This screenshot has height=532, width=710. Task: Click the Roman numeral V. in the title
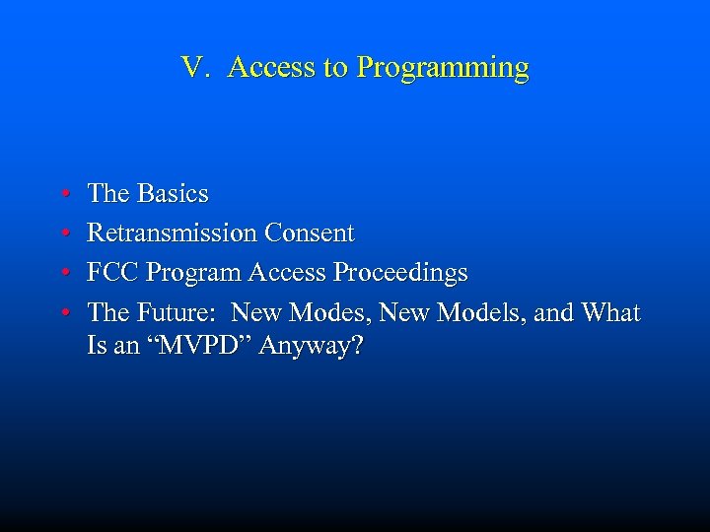click(x=195, y=67)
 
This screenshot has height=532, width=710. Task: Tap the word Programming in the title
click(x=443, y=68)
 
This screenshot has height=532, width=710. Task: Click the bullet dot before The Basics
click(x=62, y=194)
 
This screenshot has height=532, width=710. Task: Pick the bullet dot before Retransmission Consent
click(x=62, y=234)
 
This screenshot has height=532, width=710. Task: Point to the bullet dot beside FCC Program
click(x=62, y=274)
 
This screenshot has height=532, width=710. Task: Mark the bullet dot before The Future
click(x=62, y=314)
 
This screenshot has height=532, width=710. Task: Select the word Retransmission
click(x=173, y=233)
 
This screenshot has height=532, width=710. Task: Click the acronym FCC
click(x=112, y=273)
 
